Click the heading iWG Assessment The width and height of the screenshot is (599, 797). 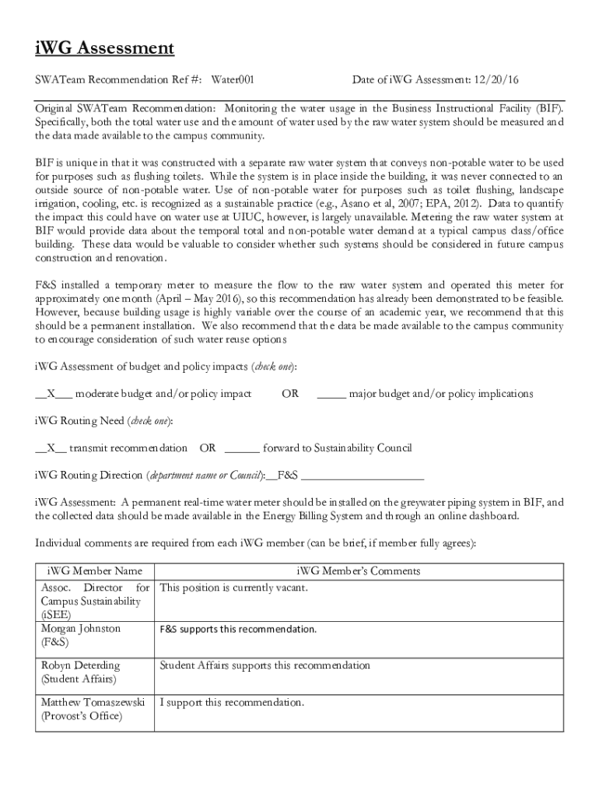(104, 50)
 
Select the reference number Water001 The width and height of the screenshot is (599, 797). (233, 79)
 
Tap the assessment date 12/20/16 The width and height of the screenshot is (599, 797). (496, 79)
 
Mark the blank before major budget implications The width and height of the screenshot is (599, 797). (331, 394)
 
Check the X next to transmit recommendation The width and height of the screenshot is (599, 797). (51, 448)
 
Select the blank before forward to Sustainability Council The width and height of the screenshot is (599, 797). (242, 448)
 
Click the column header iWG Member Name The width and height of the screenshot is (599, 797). (95, 571)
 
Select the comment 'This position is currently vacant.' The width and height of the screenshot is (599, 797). (233, 588)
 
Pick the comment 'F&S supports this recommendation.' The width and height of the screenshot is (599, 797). (238, 629)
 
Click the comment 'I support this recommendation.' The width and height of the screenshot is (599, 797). (231, 702)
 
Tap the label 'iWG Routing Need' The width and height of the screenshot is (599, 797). (79, 421)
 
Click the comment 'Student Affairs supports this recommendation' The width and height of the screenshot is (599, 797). (264, 665)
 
